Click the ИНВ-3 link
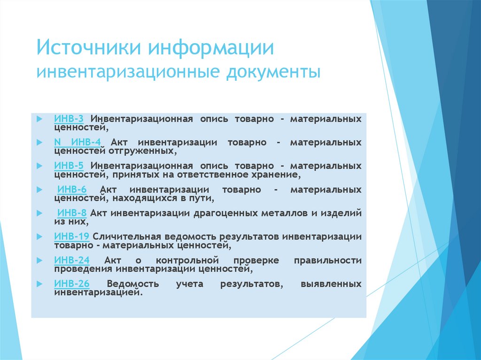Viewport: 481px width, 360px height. click(69, 119)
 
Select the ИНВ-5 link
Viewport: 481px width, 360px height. click(69, 166)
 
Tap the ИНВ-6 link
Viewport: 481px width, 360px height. click(72, 190)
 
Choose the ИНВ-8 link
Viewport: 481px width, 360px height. click(72, 213)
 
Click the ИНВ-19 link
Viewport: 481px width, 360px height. click(71, 237)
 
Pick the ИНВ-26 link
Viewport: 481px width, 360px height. click(71, 284)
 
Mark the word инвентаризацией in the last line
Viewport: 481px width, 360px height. click(97, 292)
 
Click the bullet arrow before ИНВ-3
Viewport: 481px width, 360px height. click(39, 119)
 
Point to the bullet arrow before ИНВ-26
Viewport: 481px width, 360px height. click(39, 284)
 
